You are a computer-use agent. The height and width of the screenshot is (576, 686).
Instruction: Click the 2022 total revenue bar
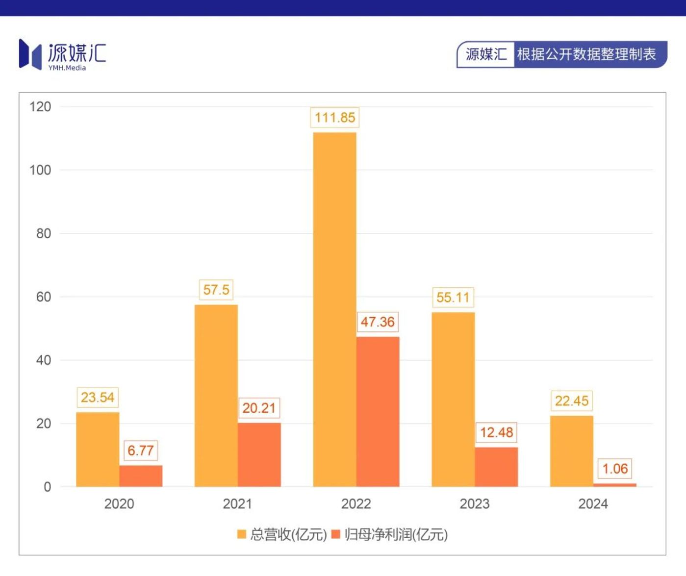[334, 309]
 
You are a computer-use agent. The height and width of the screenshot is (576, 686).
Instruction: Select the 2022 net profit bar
[378, 412]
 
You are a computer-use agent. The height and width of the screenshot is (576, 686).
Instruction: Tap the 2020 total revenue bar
[98, 449]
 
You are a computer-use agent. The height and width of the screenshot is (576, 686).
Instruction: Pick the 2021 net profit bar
[259, 454]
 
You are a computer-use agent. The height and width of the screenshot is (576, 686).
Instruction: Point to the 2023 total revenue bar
[453, 399]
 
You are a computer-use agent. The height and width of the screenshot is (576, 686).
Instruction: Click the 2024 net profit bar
[615, 485]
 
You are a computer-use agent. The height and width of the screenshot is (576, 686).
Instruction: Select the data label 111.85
[335, 118]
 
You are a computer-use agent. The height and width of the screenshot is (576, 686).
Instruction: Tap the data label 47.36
[378, 322]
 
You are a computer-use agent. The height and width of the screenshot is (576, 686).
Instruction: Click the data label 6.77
[141, 451]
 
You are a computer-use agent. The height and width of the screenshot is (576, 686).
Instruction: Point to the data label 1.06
[615, 469]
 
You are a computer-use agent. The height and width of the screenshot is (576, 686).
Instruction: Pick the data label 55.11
[453, 297]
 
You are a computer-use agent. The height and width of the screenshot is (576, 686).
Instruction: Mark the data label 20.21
[259, 408]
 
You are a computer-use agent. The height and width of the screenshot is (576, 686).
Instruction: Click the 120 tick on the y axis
[40, 107]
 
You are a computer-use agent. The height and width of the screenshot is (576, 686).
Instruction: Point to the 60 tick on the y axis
[43, 297]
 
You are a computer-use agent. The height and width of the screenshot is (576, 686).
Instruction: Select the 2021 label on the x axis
[237, 504]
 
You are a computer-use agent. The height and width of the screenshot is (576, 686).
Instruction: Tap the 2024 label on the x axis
[593, 504]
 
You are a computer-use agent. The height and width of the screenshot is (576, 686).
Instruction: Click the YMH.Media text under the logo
[67, 68]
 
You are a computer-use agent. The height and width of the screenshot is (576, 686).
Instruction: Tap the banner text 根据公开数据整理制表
[586, 54]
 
